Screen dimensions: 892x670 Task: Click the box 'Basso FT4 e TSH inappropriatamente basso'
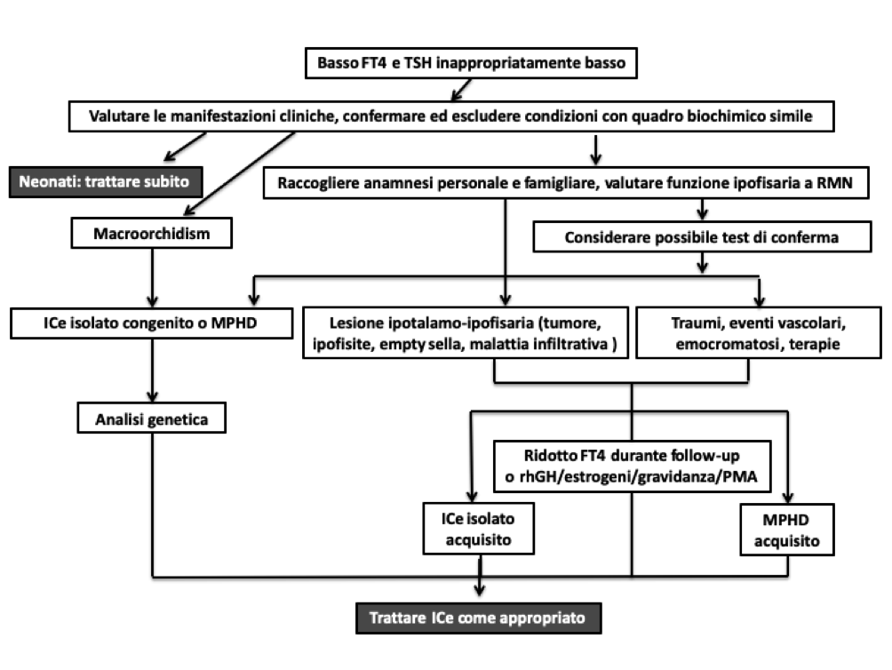(471, 62)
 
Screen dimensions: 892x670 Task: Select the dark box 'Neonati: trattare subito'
(106, 181)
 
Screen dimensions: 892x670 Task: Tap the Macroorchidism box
(151, 233)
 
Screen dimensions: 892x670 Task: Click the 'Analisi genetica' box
(151, 419)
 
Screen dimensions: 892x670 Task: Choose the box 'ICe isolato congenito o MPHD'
(151, 323)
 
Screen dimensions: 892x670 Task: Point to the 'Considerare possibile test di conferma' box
(702, 236)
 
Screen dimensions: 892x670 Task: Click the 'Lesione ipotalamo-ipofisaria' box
(466, 332)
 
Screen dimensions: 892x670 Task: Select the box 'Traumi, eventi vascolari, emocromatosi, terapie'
(759, 332)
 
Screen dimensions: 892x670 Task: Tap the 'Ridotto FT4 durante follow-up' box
(632, 466)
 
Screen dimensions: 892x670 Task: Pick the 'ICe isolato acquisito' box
(478, 529)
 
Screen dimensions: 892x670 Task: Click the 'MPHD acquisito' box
(787, 530)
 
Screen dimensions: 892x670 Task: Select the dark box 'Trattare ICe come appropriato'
(478, 618)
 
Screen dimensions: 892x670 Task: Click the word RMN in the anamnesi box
(834, 183)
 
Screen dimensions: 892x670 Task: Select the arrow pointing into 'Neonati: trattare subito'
(185, 147)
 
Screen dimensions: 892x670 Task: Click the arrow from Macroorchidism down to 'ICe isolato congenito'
(152, 278)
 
